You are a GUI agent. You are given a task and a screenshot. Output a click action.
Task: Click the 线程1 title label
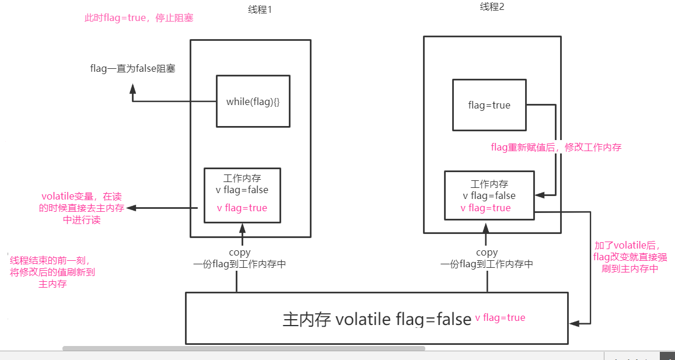(260, 11)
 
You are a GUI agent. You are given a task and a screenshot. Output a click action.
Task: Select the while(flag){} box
(253, 102)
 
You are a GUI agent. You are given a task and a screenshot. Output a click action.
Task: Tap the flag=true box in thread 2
(489, 106)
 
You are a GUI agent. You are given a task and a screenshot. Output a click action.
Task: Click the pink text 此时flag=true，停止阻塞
(139, 18)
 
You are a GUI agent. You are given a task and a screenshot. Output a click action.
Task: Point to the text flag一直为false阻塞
(133, 69)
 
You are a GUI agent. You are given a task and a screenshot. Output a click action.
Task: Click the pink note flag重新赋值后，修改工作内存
(556, 148)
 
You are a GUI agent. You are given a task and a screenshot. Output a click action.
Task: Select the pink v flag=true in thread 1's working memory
(242, 208)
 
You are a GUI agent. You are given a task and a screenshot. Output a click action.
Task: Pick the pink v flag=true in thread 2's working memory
(485, 208)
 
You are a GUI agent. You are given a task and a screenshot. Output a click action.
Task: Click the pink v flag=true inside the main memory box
(500, 318)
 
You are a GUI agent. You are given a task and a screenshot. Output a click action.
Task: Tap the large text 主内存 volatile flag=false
(377, 319)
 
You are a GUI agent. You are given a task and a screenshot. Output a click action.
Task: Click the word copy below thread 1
(240, 253)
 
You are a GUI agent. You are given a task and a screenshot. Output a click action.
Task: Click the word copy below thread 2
(487, 253)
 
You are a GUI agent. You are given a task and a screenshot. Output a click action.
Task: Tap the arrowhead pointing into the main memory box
(573, 322)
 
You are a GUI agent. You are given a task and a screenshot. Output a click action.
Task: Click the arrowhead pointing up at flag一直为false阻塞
(132, 89)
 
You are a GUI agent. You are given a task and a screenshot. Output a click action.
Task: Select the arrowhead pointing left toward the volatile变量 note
(131, 208)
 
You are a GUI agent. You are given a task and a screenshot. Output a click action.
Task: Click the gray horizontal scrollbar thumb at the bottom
(243, 348)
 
